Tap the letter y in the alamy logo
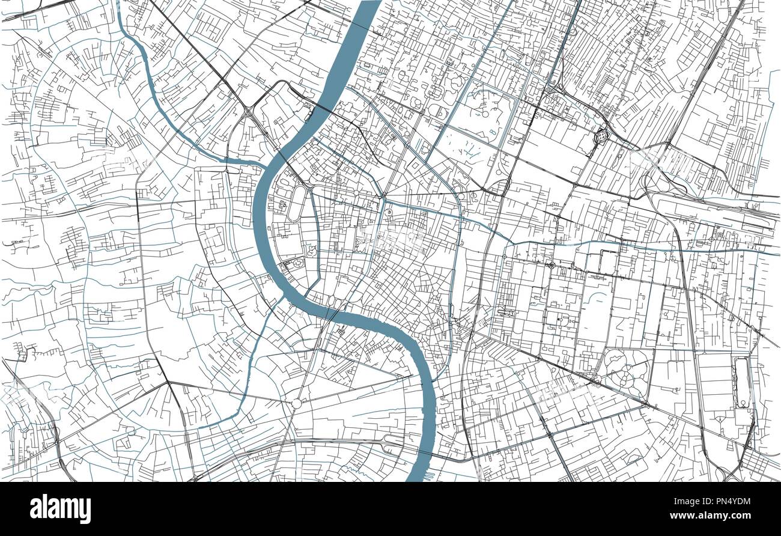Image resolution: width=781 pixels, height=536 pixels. [85, 511]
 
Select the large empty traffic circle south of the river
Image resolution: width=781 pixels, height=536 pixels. [297, 404]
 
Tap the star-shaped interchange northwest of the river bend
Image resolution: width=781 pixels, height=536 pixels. [248, 112]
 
